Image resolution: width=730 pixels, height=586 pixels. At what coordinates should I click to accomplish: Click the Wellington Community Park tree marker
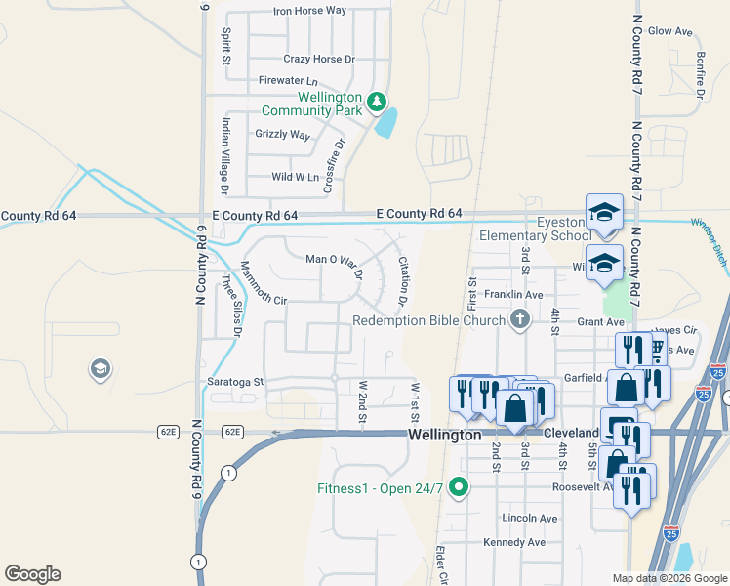(x=376, y=101)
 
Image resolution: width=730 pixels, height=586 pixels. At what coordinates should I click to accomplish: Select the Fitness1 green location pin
(x=458, y=488)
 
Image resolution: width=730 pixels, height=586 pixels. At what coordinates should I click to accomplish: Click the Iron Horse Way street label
(x=309, y=11)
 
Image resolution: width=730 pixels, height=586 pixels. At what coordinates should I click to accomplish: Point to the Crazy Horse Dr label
(x=319, y=59)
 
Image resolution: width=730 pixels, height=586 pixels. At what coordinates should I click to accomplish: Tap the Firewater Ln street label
(x=288, y=80)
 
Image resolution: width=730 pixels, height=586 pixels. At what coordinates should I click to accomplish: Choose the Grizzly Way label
(x=282, y=134)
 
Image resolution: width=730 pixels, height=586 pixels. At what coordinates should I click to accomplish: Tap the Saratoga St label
(x=234, y=382)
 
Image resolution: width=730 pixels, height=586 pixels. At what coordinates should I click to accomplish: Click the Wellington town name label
(x=444, y=435)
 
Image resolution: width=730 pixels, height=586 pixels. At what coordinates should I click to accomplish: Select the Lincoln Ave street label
(x=529, y=518)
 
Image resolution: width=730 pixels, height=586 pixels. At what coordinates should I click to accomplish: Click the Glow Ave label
(x=669, y=31)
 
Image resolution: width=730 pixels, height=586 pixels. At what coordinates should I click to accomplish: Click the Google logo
(x=32, y=574)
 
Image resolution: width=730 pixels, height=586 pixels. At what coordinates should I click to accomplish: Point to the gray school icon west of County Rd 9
(x=99, y=369)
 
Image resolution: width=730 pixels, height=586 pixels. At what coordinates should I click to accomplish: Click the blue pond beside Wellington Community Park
(x=387, y=122)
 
